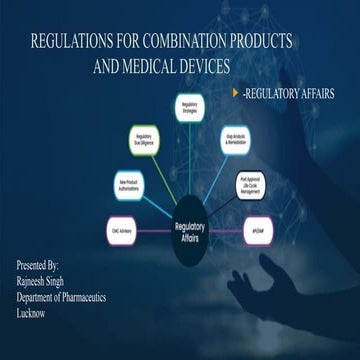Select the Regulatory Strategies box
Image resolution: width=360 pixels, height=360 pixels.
(x=189, y=107)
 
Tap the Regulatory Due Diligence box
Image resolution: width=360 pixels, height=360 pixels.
(x=142, y=141)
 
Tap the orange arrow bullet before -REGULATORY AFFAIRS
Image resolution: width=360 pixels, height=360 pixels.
(x=235, y=92)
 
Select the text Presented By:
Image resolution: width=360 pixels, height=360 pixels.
(x=39, y=267)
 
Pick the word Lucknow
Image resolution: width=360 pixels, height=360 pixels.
(x=34, y=312)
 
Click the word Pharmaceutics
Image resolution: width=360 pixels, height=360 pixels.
(x=95, y=297)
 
